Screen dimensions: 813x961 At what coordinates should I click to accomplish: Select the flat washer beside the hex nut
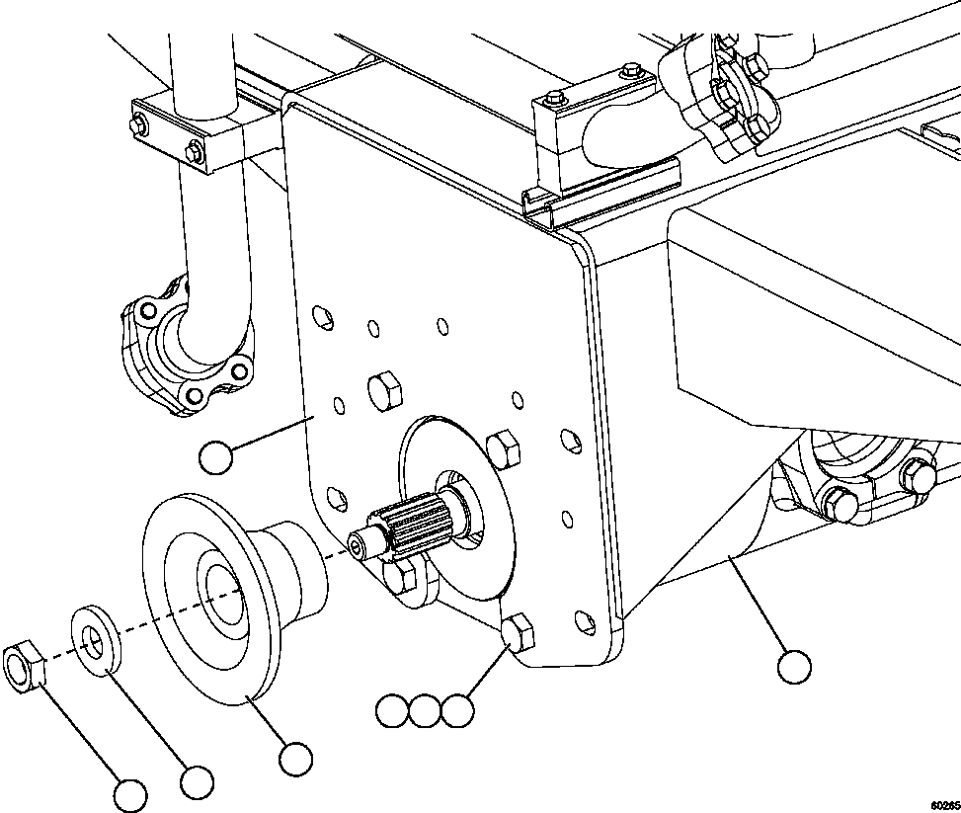94,645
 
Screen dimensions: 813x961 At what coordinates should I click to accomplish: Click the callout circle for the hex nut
130,794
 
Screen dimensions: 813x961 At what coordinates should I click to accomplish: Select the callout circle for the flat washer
198,781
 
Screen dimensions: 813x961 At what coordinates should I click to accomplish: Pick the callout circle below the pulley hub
294,759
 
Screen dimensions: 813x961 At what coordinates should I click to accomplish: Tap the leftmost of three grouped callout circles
392,710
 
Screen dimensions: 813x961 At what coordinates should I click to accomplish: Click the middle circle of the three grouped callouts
424,710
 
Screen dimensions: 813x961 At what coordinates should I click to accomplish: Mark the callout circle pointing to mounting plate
215,457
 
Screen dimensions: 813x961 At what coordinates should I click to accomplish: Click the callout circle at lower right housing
793,667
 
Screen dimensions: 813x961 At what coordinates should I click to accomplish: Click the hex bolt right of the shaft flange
504,450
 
